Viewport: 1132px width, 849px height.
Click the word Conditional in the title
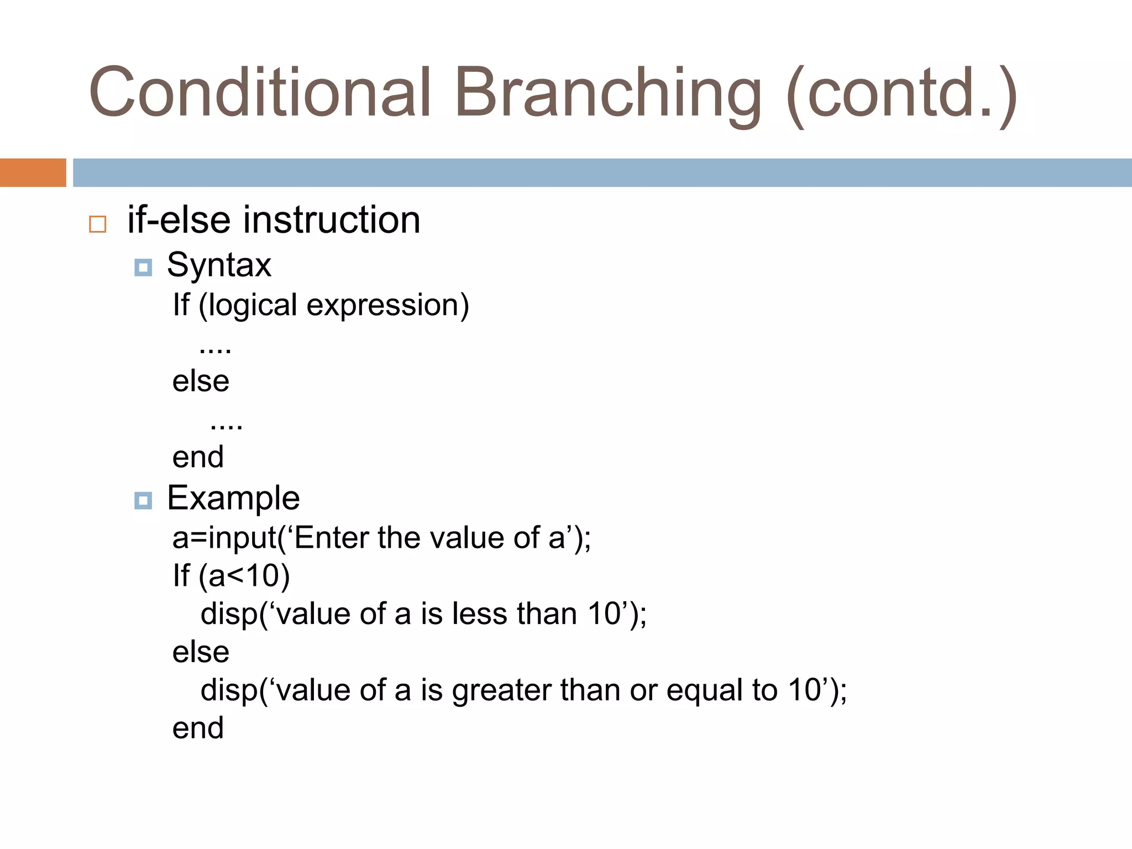260,93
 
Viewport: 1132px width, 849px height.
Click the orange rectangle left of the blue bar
33,172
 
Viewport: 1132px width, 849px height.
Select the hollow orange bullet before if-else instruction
98,224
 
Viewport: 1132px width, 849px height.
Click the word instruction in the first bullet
332,220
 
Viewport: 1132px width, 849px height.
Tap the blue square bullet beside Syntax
143,268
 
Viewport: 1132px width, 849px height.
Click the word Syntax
219,265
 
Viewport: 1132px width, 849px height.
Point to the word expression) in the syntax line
387,306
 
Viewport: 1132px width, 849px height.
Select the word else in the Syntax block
201,381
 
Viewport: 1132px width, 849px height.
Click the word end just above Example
198,457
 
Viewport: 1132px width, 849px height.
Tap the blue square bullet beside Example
143,501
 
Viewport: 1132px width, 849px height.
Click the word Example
233,499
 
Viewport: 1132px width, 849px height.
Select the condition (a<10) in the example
244,576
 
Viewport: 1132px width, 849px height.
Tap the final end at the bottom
198,728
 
